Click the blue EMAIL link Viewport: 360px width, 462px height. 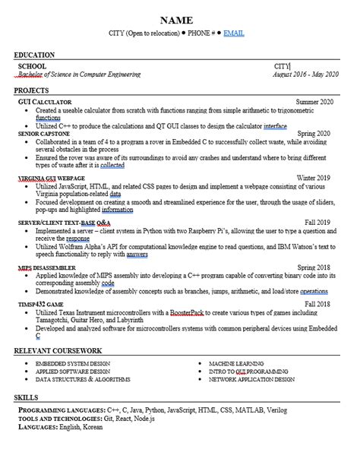(x=233, y=34)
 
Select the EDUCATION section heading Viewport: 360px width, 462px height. (x=34, y=55)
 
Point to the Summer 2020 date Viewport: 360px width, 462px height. (x=314, y=101)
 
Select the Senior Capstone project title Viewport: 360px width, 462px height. (x=44, y=134)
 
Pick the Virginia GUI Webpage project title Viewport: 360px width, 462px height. (x=51, y=178)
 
